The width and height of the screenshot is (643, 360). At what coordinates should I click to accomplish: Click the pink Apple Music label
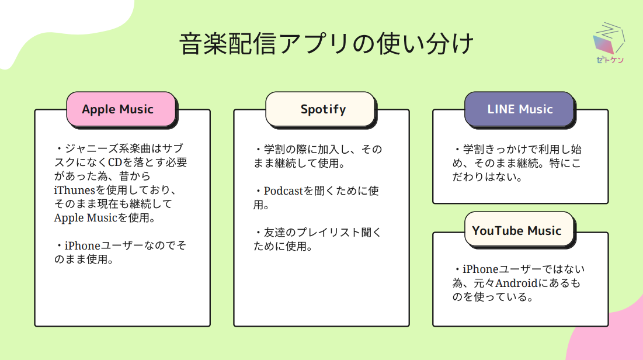[x=121, y=109]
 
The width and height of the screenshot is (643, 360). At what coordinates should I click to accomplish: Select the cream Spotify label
[x=321, y=109]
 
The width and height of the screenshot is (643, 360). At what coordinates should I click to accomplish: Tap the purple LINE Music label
[x=520, y=109]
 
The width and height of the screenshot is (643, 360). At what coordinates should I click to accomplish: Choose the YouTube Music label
[x=520, y=230]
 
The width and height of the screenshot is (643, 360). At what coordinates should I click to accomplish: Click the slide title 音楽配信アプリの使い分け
[x=326, y=43]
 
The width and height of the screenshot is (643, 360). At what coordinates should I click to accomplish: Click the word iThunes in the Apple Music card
[x=74, y=190]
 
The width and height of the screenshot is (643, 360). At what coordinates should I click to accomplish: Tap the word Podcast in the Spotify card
[x=283, y=191]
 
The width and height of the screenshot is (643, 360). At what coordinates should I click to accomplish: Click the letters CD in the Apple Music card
[x=114, y=162]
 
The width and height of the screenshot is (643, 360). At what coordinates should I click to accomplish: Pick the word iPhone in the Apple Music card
[x=82, y=245]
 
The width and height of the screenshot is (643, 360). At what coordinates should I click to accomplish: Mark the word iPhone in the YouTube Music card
[x=481, y=269]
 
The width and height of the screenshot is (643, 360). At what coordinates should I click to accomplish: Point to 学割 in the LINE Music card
[x=474, y=150]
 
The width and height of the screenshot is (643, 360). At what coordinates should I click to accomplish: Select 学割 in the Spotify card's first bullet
[x=274, y=150]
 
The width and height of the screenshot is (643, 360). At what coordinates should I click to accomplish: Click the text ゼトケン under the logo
[x=610, y=60]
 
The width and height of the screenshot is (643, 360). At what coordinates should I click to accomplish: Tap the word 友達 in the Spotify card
[x=274, y=233]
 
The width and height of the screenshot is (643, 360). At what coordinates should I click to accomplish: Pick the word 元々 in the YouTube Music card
[x=484, y=283]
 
